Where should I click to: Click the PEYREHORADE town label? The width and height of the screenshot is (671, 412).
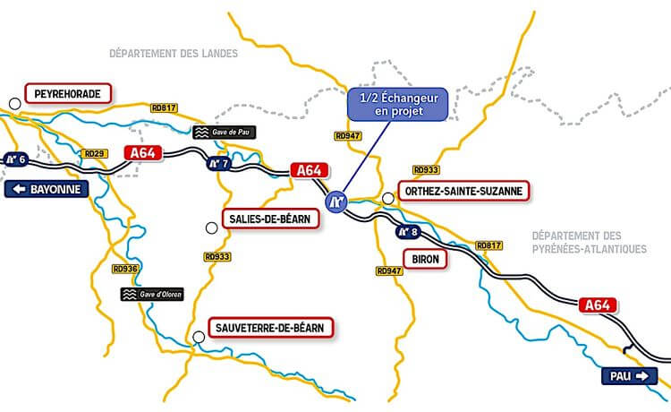pos(68,93)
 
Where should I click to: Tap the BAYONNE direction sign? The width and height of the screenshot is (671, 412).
pos(48,189)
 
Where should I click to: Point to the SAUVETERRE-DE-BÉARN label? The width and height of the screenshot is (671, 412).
pos(270,327)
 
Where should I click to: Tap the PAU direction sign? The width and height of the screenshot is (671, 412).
pos(632,375)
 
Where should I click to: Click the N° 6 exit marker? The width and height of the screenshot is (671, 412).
pos(16,159)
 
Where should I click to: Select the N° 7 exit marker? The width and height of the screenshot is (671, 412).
pos(219,163)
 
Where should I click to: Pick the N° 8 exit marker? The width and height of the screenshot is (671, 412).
pos(408,231)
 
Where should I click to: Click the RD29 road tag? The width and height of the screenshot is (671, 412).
pos(94,154)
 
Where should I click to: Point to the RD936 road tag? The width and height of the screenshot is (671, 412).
pos(125,269)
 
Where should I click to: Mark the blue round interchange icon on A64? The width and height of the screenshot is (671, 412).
pos(336,202)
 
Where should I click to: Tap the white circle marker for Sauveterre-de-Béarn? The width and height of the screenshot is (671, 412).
pos(197,337)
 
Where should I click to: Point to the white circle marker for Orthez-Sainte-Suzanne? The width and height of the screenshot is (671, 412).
pos(387,198)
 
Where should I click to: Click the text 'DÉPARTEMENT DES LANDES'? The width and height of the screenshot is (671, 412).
pos(174,54)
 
